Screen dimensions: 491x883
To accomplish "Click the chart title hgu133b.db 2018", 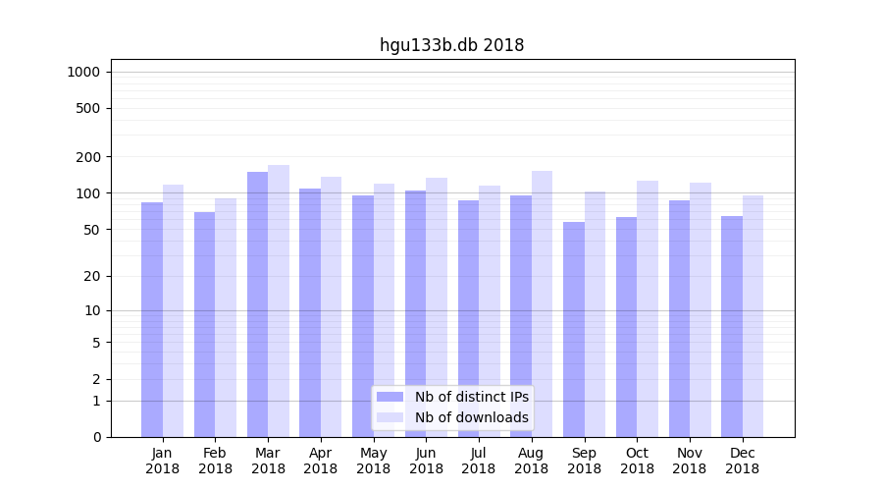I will [451, 45].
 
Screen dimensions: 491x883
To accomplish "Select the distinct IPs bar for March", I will [257, 304].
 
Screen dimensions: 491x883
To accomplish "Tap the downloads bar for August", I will [542, 303].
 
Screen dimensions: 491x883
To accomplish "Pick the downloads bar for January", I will [173, 310].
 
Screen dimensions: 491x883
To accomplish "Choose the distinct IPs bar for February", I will [204, 324].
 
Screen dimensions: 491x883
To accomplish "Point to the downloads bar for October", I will [648, 308].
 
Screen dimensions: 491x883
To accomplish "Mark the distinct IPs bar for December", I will [732, 326].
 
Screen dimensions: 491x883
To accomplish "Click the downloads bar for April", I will [331, 306].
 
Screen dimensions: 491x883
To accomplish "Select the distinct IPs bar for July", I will [468, 318].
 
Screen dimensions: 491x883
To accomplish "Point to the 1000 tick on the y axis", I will [82, 72].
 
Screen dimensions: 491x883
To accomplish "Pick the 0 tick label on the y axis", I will [96, 437].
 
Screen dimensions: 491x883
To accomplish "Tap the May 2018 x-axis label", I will [374, 461].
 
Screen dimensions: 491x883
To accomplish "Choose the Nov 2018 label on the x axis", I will [690, 461].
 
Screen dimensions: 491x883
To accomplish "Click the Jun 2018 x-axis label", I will [426, 461].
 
